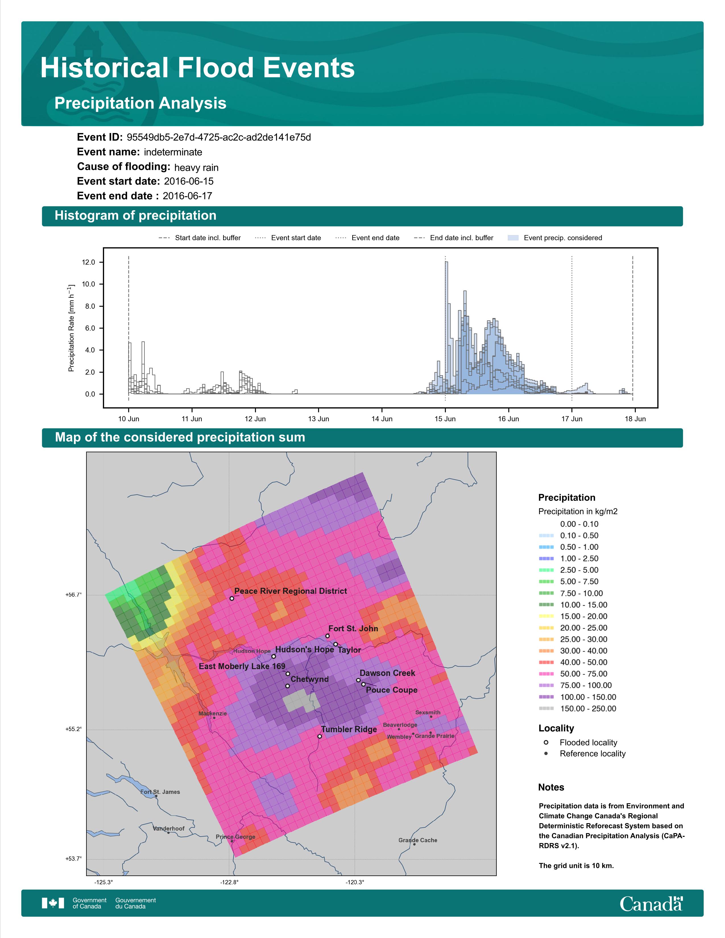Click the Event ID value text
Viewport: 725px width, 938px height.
(219, 138)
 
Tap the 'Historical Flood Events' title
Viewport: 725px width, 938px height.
(198, 68)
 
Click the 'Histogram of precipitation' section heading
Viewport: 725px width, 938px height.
(135, 216)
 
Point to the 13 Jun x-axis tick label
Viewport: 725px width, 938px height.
(318, 419)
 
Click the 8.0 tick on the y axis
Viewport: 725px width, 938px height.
(89, 306)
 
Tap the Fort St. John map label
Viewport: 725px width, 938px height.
(353, 628)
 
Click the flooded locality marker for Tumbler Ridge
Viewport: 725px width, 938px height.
(320, 736)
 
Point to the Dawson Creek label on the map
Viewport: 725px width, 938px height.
(388, 673)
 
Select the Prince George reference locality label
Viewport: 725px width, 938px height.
(235, 837)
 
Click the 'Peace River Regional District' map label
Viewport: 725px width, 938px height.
(291, 591)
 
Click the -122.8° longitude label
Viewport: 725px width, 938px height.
(229, 882)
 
